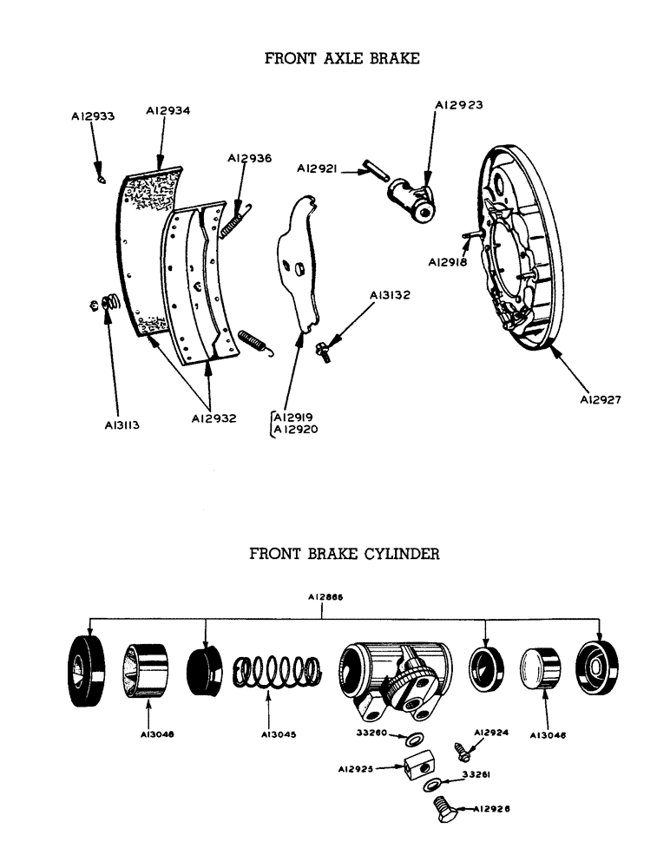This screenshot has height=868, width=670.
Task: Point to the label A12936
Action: click(249, 159)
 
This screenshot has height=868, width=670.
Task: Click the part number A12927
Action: click(601, 400)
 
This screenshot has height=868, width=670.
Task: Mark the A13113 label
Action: click(119, 425)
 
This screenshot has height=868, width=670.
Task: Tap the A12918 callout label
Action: click(449, 261)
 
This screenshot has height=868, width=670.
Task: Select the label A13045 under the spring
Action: click(278, 734)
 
